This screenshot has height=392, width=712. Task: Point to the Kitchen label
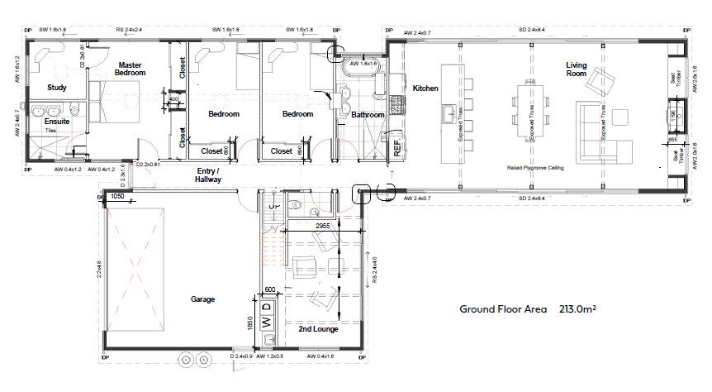[425, 88]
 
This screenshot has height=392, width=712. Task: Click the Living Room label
[577, 69]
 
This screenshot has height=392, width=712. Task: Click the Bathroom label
[368, 115]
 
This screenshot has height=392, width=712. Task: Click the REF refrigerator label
[396, 149]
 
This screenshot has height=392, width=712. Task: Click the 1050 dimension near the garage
[117, 198]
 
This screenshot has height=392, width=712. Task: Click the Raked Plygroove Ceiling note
[534, 167]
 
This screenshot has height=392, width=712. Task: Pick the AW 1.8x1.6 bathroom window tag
[364, 63]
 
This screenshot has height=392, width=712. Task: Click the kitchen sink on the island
[449, 112]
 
